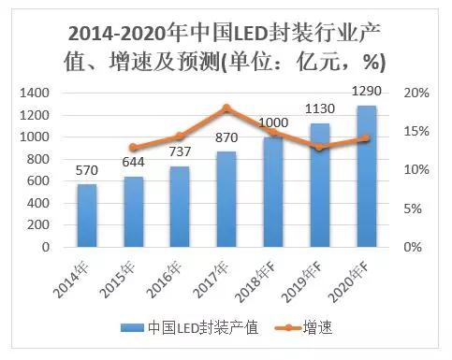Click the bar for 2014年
point(87,216)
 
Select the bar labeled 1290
point(368,177)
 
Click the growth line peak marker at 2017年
point(227,108)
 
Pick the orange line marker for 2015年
point(134,148)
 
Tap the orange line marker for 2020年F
point(368,138)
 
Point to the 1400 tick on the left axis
point(34,94)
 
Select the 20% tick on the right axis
point(416,94)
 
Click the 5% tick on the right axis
point(413,209)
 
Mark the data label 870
point(226,137)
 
